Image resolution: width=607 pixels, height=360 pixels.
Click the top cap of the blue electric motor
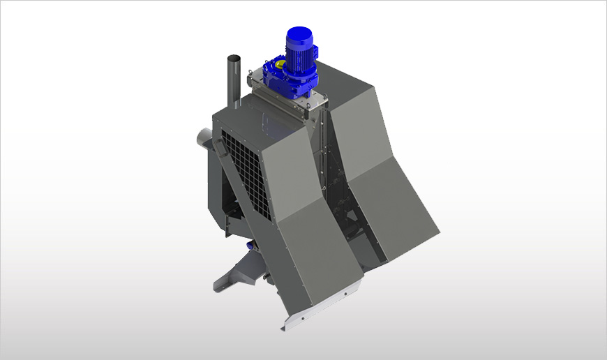(299, 34)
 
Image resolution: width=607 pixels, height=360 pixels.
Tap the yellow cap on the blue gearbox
(280, 64)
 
